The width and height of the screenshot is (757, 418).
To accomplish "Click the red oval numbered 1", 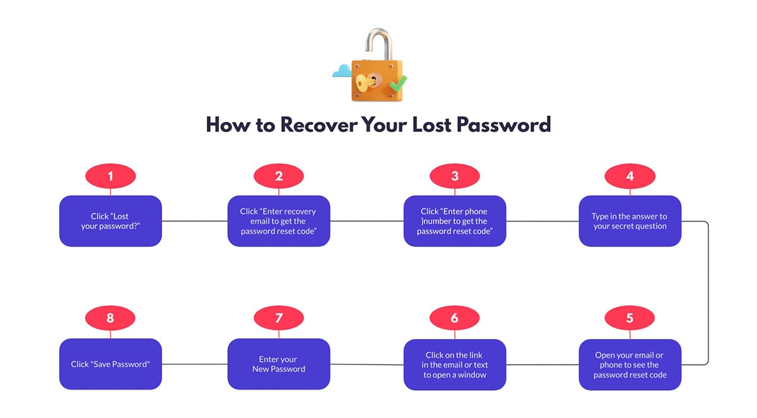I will (110, 177).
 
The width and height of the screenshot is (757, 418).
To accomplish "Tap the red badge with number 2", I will (279, 177).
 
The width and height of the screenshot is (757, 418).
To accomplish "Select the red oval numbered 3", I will (454, 177).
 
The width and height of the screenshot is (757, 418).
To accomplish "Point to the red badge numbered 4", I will (630, 177).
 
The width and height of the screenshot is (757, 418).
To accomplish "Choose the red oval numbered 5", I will (630, 318).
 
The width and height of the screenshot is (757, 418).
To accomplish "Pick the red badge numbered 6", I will (454, 318).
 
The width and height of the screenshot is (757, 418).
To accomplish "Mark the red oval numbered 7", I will (279, 318).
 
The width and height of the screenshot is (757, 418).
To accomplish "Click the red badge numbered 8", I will (110, 318).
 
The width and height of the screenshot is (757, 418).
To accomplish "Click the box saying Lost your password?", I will (110, 221).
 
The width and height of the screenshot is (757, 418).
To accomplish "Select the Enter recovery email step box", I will (279, 221).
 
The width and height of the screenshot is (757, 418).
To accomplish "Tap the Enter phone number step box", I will (454, 221).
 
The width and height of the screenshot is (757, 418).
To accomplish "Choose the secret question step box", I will (630, 221).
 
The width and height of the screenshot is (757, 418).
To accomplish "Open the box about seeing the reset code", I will (630, 364).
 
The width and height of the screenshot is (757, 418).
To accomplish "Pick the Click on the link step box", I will (454, 364).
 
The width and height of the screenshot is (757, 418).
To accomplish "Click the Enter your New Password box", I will (279, 364).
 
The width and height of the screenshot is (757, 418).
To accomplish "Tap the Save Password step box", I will (110, 364).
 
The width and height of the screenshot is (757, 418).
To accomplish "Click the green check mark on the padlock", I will (398, 82).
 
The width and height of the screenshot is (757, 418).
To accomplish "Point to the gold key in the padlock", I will (365, 82).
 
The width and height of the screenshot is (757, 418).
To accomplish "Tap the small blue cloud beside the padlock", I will (341, 71).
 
